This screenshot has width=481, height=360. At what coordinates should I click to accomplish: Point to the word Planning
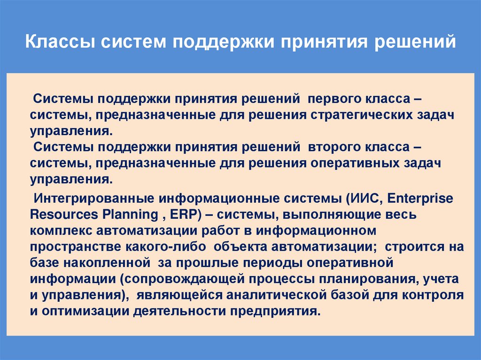127,214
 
